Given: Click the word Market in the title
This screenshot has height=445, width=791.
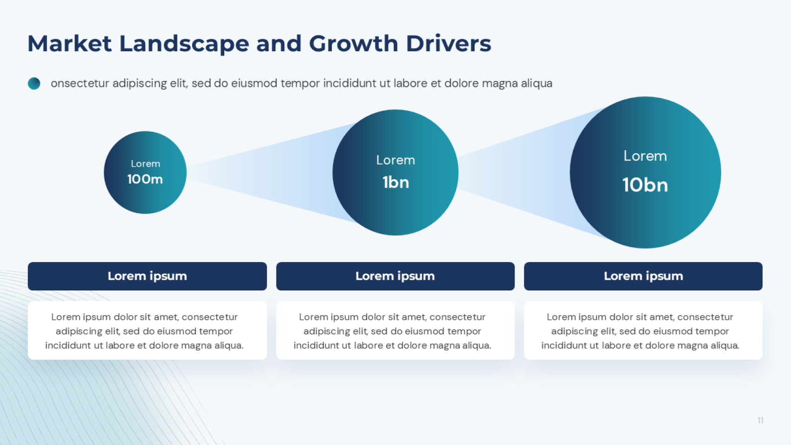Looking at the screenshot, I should (x=69, y=44).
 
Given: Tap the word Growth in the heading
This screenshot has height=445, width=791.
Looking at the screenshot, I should (x=354, y=44).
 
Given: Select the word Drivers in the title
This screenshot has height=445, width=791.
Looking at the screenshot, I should (x=449, y=44).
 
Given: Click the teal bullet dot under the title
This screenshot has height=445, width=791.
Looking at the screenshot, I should (x=34, y=83).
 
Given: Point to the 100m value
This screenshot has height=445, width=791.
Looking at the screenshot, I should (x=145, y=179).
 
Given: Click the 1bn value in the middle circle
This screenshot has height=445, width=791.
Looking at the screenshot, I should (x=395, y=182).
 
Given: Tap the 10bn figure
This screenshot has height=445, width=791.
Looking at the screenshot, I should (x=645, y=185).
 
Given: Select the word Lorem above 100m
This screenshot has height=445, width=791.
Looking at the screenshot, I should (x=145, y=164).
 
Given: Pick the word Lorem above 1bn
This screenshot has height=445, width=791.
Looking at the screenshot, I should (x=395, y=160).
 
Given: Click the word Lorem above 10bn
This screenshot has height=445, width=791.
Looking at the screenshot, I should (x=645, y=156).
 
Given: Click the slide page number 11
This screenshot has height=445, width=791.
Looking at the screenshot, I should (x=760, y=420).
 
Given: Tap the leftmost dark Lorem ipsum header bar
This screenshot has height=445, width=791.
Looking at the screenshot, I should (x=147, y=276).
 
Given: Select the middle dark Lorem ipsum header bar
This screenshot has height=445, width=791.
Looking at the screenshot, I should (x=395, y=276).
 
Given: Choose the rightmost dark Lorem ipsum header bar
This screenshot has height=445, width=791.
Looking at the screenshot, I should (x=643, y=276).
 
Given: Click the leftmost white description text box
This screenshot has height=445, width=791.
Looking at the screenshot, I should (x=147, y=330).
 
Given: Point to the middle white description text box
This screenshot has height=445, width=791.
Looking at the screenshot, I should (x=395, y=330).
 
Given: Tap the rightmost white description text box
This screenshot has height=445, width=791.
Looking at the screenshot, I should (x=643, y=330).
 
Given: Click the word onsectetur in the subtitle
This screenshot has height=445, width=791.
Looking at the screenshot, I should (x=80, y=83).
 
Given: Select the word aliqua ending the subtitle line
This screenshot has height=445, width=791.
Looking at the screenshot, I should (x=536, y=83).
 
